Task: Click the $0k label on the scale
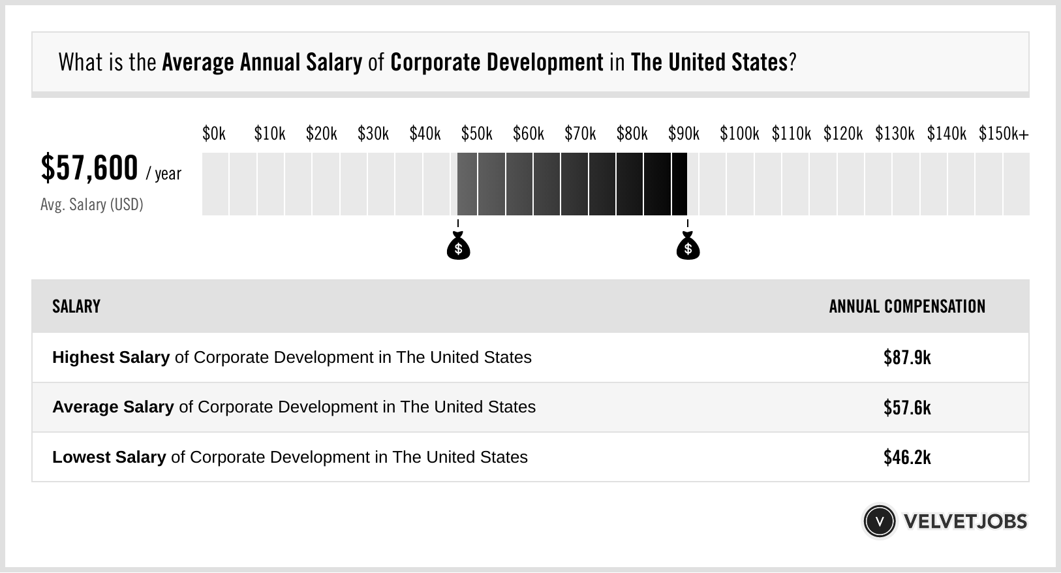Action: point(213,134)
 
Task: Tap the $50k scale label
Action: point(476,134)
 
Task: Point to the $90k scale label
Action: point(683,134)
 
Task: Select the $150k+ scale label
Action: point(1003,134)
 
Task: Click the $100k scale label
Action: point(739,134)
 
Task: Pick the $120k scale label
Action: point(842,134)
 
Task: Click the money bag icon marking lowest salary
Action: point(458,246)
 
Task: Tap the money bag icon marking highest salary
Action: point(688,246)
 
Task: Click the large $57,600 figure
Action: point(89,168)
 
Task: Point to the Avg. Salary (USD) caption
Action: point(91,205)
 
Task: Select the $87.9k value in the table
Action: point(907,358)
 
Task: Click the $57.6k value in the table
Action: point(907,408)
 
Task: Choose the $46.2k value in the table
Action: point(907,457)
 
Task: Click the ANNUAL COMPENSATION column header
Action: point(907,307)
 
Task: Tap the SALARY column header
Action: point(76,307)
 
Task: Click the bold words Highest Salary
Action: point(111,358)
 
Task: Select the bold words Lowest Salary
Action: point(109,457)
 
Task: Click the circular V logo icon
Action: point(879,521)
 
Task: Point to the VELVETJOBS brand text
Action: point(965,521)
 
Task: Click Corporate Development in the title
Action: point(497,63)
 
